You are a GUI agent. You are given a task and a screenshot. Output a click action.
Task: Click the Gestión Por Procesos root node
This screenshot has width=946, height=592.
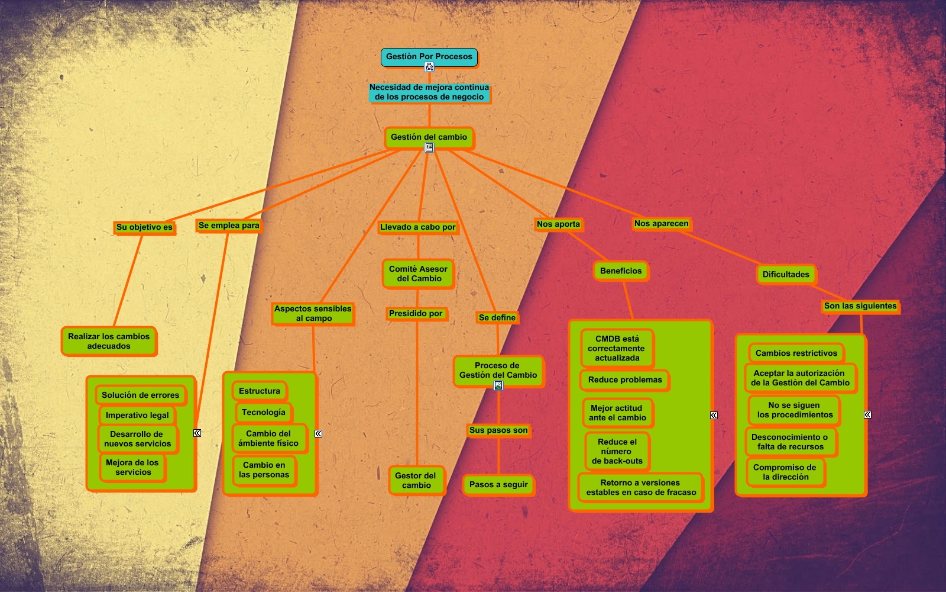[429, 57]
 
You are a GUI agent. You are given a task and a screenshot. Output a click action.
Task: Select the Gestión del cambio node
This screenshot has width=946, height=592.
[429, 137]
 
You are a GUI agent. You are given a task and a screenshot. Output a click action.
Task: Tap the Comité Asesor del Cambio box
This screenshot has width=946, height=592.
[419, 274]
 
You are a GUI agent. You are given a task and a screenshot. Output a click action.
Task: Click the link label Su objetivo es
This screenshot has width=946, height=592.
[144, 227]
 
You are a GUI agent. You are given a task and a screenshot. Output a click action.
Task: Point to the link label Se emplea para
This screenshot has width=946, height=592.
[229, 226]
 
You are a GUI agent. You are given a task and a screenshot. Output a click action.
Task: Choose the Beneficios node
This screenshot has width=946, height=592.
[621, 271]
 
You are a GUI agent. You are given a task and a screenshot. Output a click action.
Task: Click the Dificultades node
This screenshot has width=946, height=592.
[786, 275]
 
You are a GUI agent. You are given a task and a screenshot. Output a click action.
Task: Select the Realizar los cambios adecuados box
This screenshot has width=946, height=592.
[109, 341]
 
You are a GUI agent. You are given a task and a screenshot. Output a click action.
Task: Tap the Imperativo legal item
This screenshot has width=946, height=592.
[137, 416]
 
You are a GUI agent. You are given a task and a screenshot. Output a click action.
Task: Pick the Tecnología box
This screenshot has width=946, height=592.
[263, 413]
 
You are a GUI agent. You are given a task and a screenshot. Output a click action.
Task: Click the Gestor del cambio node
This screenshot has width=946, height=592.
[416, 480]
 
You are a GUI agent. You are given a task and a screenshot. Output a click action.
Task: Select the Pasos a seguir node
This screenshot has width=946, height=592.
[498, 485]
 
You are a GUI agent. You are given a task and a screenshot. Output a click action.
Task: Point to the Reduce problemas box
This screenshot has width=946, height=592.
[625, 380]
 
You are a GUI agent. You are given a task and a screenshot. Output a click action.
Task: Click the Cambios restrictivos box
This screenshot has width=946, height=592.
[796, 353]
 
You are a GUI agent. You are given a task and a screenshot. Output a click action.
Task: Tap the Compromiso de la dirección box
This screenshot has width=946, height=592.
[785, 472]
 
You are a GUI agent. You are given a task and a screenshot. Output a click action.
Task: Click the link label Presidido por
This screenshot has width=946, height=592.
[416, 314]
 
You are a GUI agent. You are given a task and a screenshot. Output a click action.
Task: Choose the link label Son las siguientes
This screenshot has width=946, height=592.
[860, 306]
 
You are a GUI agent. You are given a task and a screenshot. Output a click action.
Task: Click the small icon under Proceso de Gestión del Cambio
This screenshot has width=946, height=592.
[498, 385]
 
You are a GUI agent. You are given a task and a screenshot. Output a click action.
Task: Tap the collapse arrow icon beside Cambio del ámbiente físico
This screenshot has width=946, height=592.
[318, 433]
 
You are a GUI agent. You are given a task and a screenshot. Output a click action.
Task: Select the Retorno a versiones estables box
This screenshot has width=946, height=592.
[641, 487]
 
